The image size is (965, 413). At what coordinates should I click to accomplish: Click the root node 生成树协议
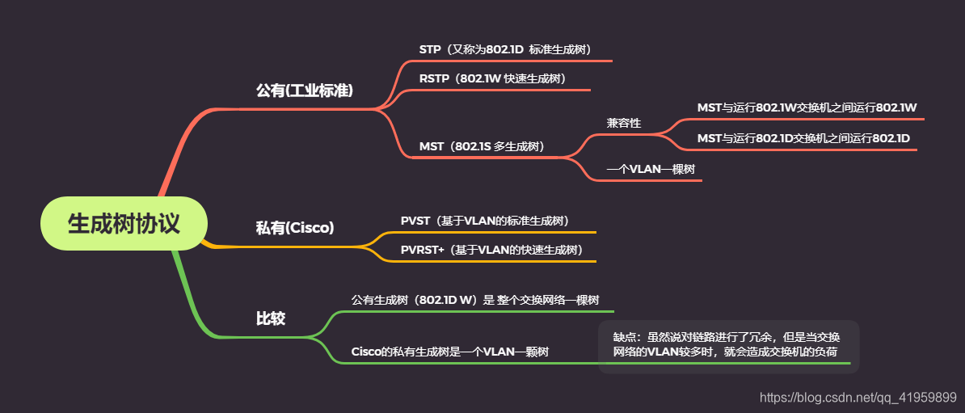(124, 224)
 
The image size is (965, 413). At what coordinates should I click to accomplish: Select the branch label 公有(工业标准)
(305, 90)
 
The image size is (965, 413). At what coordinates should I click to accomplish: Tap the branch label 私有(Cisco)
(295, 228)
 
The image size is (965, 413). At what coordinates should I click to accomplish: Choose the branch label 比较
(271, 318)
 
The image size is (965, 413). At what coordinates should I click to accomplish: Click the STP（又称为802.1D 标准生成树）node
(511, 49)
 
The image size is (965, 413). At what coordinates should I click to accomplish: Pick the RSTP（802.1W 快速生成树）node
(492, 78)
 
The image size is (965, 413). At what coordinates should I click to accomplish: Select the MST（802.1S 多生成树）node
(481, 146)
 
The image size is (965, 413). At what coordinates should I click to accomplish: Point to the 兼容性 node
(624, 123)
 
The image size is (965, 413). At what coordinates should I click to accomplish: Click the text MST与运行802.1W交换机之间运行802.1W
(807, 107)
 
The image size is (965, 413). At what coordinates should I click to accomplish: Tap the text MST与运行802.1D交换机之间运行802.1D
(803, 138)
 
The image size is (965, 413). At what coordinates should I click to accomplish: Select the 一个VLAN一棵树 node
(651, 169)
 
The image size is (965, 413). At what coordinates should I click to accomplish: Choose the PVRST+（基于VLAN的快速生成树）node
(492, 250)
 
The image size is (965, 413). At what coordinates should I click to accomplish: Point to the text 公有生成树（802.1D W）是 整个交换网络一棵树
(475, 300)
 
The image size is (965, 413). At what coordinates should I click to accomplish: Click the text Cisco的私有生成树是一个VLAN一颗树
(450, 352)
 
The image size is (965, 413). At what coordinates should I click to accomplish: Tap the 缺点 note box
(727, 345)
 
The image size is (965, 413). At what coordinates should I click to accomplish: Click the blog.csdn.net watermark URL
(859, 397)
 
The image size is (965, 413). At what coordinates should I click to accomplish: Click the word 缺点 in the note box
(625, 338)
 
